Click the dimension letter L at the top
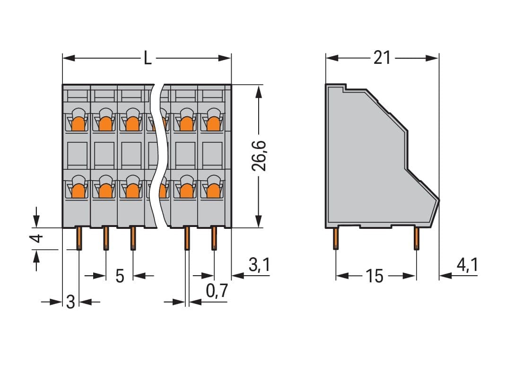point(148,58)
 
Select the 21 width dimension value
point(382,58)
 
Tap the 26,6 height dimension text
point(259,156)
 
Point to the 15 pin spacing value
point(375,276)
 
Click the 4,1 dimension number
point(468,265)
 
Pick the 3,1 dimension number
point(259,265)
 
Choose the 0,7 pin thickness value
point(217,290)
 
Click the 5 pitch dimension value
point(120,276)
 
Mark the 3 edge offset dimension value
point(70,302)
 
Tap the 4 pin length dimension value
point(38,238)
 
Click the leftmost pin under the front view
point(79,238)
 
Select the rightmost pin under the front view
point(214,238)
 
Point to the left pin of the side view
point(336,238)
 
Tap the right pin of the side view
point(416,238)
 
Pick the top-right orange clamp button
point(213,124)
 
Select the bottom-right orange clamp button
point(213,191)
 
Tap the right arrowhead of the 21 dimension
point(432,58)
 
